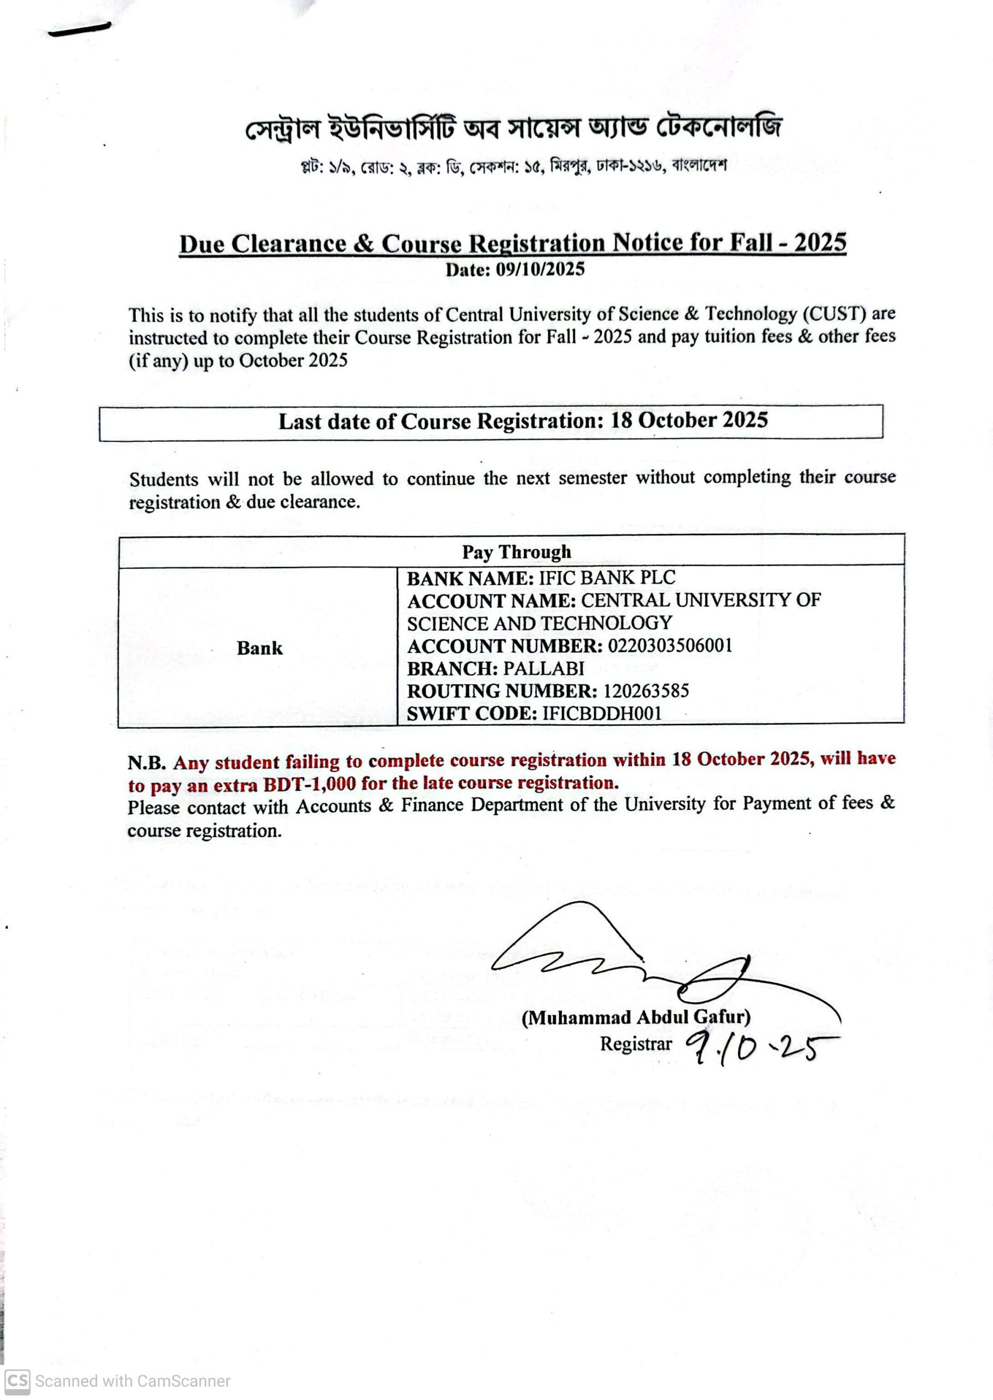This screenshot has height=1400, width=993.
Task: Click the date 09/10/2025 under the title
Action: [x=540, y=270]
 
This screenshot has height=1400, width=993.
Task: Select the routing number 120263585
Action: [x=646, y=691]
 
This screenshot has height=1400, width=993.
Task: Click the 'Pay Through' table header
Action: [x=516, y=552]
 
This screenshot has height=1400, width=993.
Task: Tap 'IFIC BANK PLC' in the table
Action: [x=607, y=577]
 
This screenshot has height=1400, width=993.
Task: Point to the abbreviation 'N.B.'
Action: [x=147, y=763]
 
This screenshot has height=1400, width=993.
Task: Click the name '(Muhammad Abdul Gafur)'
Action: [x=635, y=1017]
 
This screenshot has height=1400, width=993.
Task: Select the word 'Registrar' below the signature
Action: [x=635, y=1044]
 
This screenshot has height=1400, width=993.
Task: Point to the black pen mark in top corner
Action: [x=79, y=29]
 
